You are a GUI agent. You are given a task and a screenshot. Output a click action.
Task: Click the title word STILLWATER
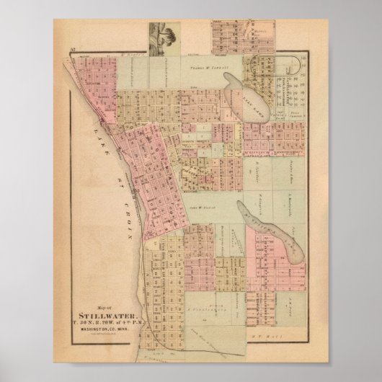coord(104,314)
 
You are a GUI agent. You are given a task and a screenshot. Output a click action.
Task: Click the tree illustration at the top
coord(162,37)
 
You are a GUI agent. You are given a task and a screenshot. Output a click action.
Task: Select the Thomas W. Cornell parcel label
coord(208,65)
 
